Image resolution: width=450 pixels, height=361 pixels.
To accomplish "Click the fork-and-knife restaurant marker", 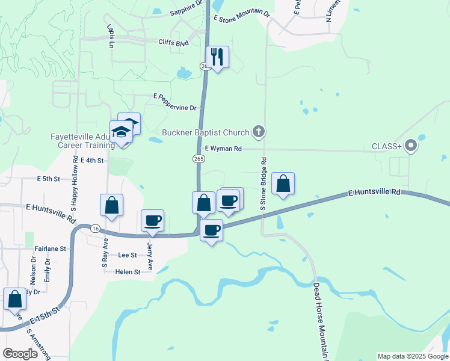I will pyautogui.click(x=217, y=57).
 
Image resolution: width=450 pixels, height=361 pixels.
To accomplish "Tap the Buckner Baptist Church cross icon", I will pyautogui.click(x=259, y=131).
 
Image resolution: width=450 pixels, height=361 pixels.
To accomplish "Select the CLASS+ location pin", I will pyautogui.click(x=411, y=146).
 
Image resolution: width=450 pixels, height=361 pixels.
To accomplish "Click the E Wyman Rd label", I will pyautogui.click(x=223, y=149).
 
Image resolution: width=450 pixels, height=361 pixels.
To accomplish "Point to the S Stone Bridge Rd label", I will pyautogui.click(x=264, y=184).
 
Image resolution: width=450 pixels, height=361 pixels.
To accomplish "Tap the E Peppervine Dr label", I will pyautogui.click(x=175, y=102).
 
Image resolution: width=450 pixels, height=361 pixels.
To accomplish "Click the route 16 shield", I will pyautogui.click(x=95, y=229).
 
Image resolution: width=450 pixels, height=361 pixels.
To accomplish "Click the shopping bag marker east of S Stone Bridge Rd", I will pyautogui.click(x=283, y=184).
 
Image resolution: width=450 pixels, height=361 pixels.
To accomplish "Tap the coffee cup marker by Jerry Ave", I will pyautogui.click(x=152, y=220).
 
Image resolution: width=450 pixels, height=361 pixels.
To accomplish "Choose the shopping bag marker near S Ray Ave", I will pyautogui.click(x=111, y=205).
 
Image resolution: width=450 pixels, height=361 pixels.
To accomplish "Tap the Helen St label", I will pyautogui.click(x=128, y=272).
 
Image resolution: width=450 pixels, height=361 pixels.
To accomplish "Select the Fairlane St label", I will pyautogui.click(x=51, y=248).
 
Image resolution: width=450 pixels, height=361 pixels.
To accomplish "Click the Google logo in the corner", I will pyautogui.click(x=20, y=354).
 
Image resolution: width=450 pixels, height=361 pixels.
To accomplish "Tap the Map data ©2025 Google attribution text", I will pyautogui.click(x=412, y=356).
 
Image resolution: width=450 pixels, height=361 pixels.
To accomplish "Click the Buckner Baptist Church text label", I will pyautogui.click(x=206, y=132).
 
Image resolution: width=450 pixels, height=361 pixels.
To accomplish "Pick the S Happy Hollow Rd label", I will pyautogui.click(x=76, y=180).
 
